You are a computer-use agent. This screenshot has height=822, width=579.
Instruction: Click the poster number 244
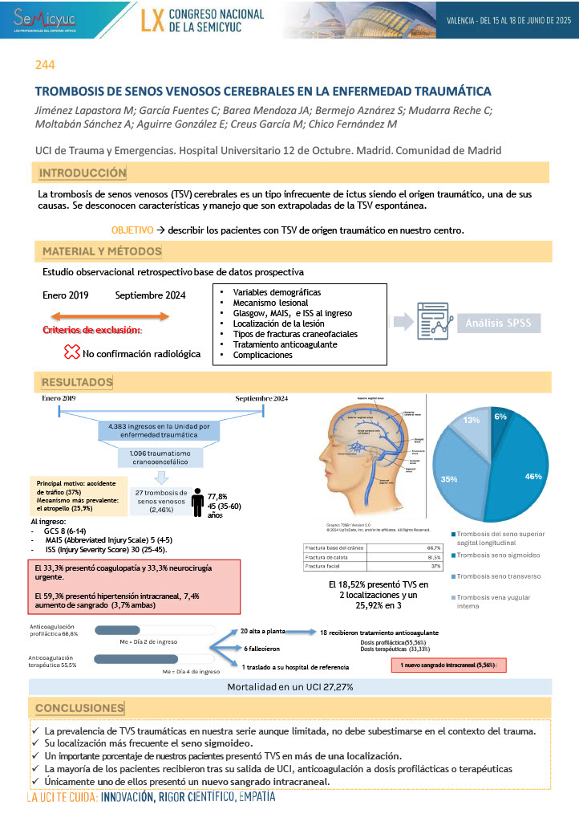(45, 65)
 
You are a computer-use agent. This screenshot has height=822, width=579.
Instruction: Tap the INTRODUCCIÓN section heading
(83, 173)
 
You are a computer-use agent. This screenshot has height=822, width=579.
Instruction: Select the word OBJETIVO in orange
(132, 230)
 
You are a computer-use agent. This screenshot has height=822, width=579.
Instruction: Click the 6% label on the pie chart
(500, 417)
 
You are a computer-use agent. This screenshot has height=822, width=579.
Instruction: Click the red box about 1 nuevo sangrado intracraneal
(448, 665)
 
